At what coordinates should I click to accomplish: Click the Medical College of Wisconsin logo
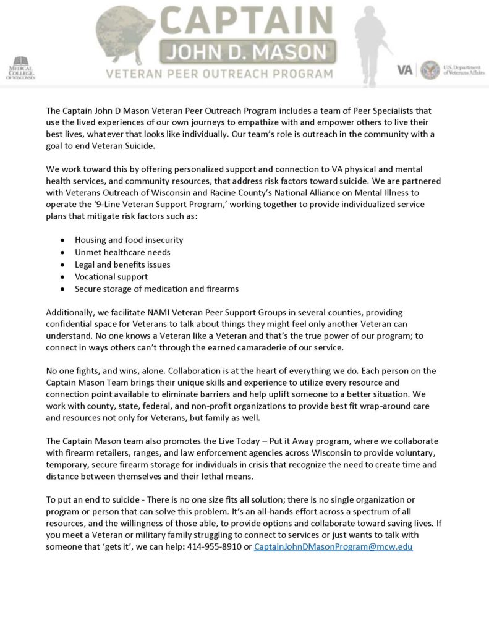pos(21,68)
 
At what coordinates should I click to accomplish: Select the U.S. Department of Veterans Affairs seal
pos(430,69)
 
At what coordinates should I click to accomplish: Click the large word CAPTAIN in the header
pos(247,22)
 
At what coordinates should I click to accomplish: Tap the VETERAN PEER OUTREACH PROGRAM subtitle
pos(219,74)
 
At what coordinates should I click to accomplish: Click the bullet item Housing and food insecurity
pos(129,240)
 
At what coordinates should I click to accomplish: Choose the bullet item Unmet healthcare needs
pos(122,252)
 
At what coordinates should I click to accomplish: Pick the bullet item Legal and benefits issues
pos(122,265)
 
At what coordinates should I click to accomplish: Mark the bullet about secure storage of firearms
pos(156,289)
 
